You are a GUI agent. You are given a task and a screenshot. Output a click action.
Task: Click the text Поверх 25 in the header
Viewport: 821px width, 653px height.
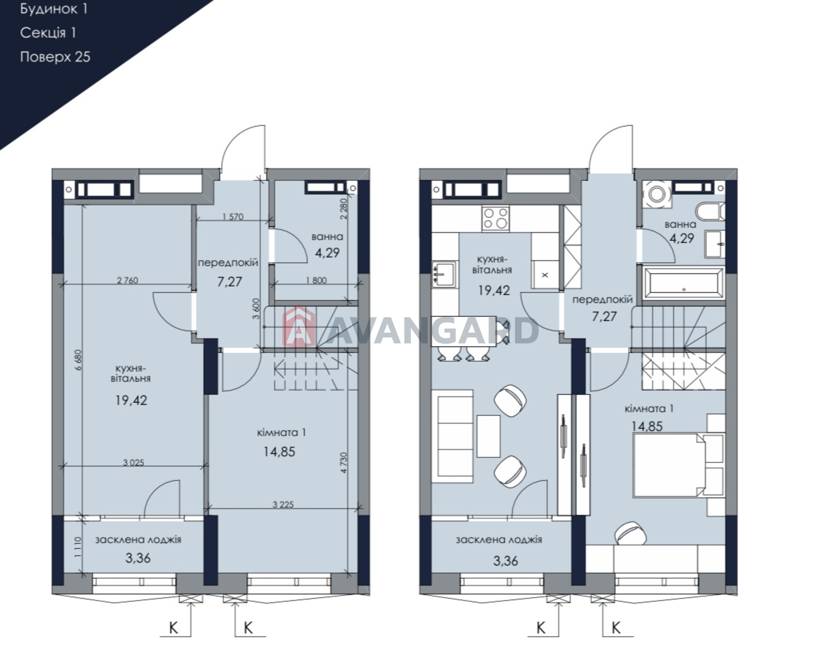(55, 57)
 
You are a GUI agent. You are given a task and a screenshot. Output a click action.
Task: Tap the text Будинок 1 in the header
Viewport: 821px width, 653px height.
(54, 9)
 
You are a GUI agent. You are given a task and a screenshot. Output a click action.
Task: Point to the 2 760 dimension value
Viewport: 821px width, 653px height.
(127, 280)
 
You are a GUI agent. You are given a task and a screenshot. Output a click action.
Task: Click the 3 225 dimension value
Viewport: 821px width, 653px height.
(283, 505)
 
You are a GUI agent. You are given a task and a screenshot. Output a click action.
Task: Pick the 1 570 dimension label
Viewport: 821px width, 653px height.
(233, 217)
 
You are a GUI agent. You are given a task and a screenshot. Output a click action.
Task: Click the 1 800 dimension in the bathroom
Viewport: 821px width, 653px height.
(316, 280)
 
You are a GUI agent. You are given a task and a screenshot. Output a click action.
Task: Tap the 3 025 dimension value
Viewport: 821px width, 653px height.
(133, 463)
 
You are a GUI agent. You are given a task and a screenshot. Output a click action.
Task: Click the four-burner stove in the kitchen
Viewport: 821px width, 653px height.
(496, 219)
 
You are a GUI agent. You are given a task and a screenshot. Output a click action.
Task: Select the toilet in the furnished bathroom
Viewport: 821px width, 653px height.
(710, 212)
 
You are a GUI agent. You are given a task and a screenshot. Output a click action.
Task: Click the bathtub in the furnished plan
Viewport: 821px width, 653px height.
(683, 283)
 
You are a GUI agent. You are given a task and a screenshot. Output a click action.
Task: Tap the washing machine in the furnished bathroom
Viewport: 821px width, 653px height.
(656, 194)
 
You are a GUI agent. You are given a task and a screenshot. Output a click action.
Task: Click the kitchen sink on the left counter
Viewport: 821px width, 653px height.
(444, 274)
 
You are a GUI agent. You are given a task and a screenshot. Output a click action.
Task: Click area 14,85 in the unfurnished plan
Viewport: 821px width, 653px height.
(279, 452)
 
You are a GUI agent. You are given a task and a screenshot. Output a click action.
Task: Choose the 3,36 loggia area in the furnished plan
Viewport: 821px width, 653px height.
(505, 561)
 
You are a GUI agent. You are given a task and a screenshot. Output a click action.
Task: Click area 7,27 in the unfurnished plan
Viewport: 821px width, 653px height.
(230, 282)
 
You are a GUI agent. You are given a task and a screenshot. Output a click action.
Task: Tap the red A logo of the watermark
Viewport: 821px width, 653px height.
(299, 326)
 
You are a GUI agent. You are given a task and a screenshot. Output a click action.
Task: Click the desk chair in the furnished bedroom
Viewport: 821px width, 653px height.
(631, 533)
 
